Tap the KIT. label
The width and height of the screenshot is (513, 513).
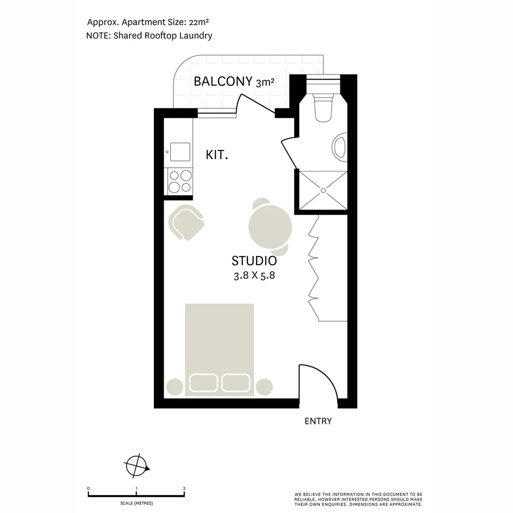[x=217, y=154]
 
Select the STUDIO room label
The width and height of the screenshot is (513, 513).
[x=254, y=261]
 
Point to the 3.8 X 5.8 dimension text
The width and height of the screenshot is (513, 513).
[x=254, y=275]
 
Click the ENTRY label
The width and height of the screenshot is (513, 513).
[x=318, y=421]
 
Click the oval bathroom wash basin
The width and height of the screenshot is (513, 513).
[x=341, y=145]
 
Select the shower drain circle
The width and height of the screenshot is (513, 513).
[x=323, y=190]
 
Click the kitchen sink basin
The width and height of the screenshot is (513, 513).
[x=180, y=152]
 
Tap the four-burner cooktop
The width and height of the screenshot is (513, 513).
[x=180, y=181]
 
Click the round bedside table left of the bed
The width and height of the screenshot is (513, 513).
[x=174, y=387]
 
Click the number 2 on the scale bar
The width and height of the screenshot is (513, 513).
[x=184, y=488]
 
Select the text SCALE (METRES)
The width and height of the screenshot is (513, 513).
[x=136, y=503]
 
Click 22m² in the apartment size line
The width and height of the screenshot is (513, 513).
[x=200, y=21]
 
